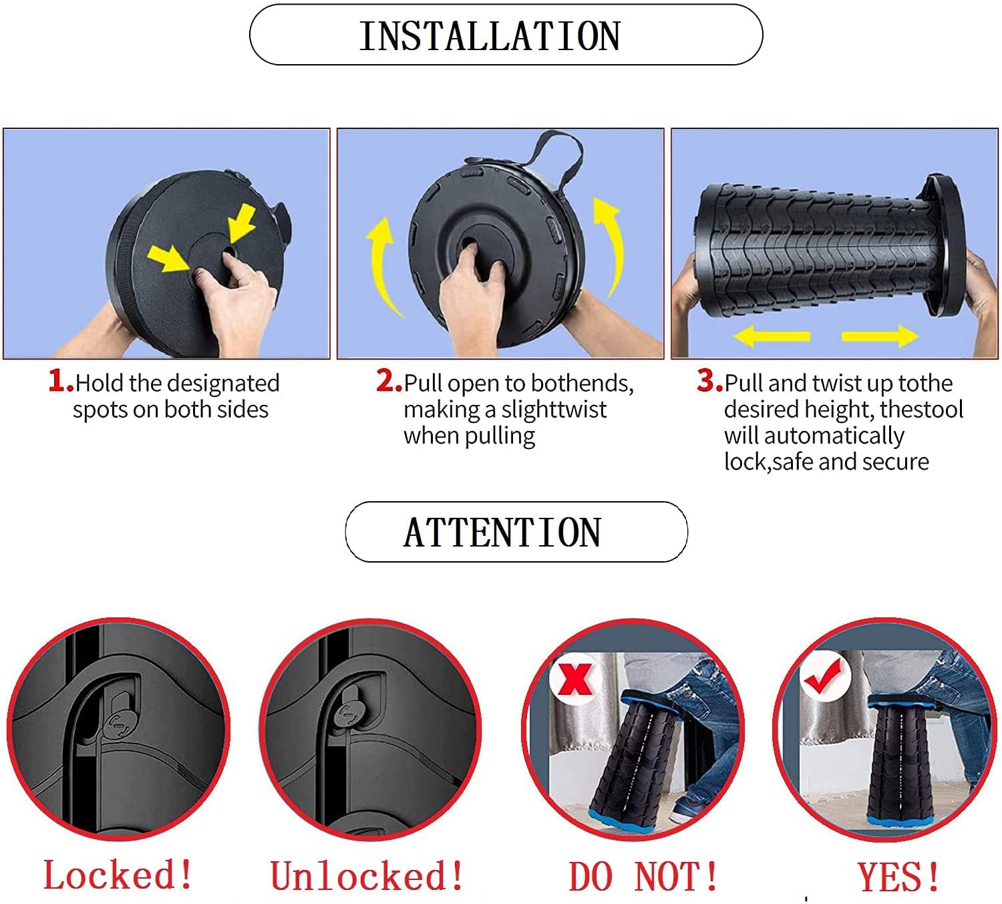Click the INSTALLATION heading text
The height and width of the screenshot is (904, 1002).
click(490, 36)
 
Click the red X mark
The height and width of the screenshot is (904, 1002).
click(575, 679)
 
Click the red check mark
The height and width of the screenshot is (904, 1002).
click(824, 675)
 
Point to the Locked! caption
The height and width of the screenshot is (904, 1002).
click(118, 875)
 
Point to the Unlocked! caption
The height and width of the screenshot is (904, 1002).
click(367, 875)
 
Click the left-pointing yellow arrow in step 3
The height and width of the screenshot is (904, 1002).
click(772, 336)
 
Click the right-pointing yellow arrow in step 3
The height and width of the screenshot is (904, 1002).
click(880, 336)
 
